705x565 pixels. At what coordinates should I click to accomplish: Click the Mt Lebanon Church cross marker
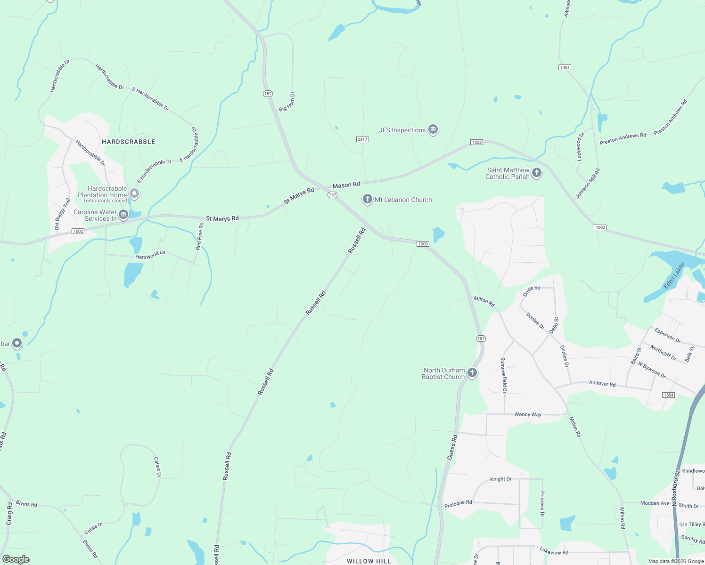pos(367,199)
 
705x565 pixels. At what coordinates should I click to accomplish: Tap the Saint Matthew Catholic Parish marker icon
pos(536,173)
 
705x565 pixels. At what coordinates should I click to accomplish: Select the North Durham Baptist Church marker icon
pos(472,373)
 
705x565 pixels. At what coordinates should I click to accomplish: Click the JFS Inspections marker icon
pos(433,129)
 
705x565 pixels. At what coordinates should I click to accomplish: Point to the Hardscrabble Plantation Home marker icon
pos(134,193)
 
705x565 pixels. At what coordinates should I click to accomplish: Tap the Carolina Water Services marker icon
pos(123,215)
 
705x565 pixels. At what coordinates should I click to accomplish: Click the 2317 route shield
pos(362,139)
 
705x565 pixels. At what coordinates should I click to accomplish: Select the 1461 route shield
pos(565,67)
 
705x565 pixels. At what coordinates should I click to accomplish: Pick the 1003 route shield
pos(423,244)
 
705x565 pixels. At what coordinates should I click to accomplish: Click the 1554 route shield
pos(668,395)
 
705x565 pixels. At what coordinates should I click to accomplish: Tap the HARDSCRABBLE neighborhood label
pos(128,142)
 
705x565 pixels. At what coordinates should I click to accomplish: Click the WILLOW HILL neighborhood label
pos(369,561)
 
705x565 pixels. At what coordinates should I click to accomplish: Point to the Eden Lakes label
pos(674,276)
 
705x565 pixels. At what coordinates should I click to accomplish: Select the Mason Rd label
pos(346,185)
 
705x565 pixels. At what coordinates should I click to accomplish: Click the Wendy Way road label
pos(528,415)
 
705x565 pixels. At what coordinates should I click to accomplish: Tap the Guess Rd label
pos(451,447)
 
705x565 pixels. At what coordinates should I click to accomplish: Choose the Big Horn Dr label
pos(287,102)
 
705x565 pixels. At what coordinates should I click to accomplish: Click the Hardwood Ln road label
pos(150,255)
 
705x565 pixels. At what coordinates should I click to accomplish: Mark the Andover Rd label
pos(602,384)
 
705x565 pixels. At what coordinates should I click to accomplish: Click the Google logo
pos(16,559)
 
